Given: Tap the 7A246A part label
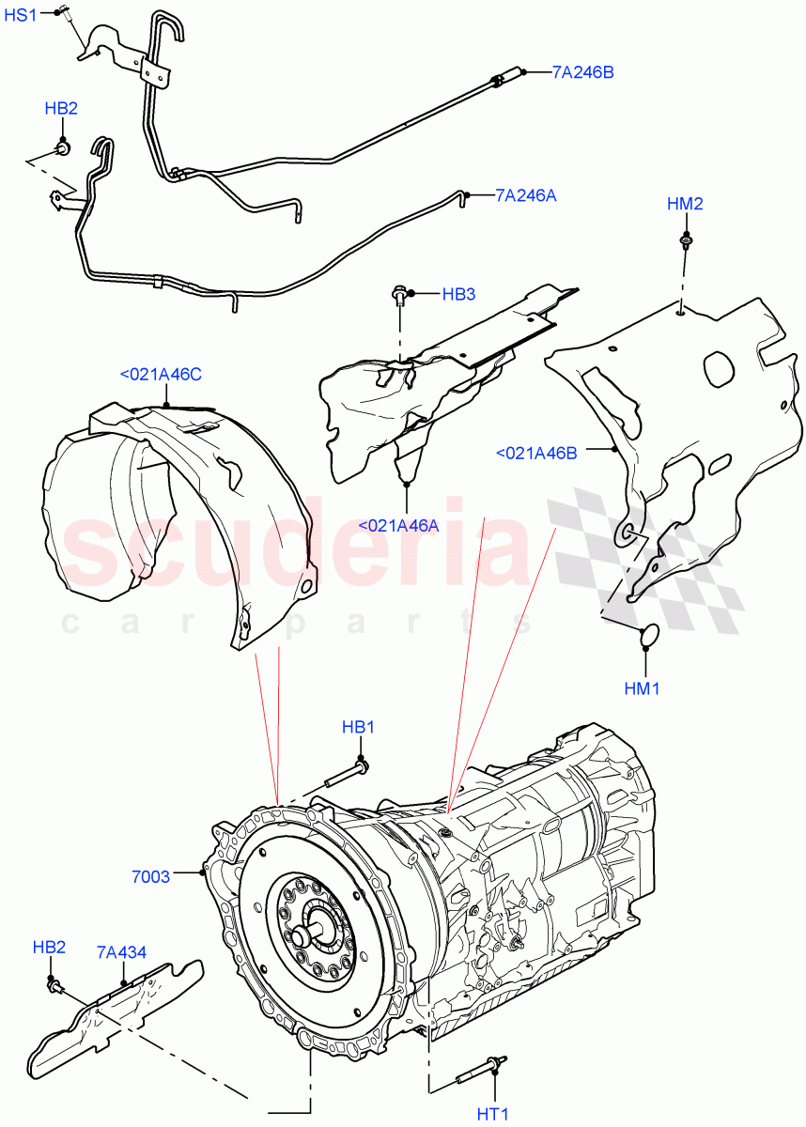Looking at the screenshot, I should tap(525, 195).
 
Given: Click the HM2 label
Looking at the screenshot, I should tap(685, 204).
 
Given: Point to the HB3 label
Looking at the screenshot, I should tap(458, 294).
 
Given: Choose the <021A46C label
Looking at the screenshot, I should tap(161, 375).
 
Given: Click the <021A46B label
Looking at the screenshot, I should tap(536, 453).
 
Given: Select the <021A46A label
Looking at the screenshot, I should tap(398, 526).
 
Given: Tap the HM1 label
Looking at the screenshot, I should tap(642, 687).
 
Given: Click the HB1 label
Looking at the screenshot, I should tap(359, 727).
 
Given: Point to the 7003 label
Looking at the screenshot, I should tap(151, 876).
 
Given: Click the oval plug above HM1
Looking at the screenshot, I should tap(644, 636).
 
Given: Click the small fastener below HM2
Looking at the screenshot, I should tap(686, 242).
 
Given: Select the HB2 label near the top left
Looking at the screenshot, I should tap(61, 108).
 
